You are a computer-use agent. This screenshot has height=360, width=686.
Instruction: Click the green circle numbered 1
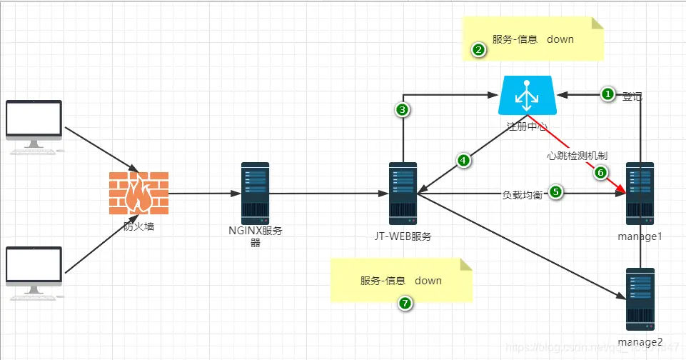pos(607,94)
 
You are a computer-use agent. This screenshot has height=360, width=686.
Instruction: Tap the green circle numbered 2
pos(479,50)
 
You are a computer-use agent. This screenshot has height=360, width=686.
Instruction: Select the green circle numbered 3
pos(403,109)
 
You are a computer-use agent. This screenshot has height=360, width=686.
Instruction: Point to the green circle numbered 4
pos(464,161)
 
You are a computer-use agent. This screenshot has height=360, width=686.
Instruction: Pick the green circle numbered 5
pos(555,191)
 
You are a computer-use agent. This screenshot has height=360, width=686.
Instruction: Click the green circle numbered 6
pos(600,172)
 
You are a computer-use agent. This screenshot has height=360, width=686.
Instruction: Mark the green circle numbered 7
pos(405,304)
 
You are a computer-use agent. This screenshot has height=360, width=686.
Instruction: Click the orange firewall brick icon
pos(139,193)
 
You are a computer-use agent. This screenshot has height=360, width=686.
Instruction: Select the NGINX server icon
pos(255,192)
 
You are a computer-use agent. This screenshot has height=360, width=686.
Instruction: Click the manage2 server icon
pos(640,298)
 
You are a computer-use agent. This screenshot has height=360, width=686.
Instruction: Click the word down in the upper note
pos(560,39)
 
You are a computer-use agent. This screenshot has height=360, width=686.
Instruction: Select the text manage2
pos(640,342)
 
